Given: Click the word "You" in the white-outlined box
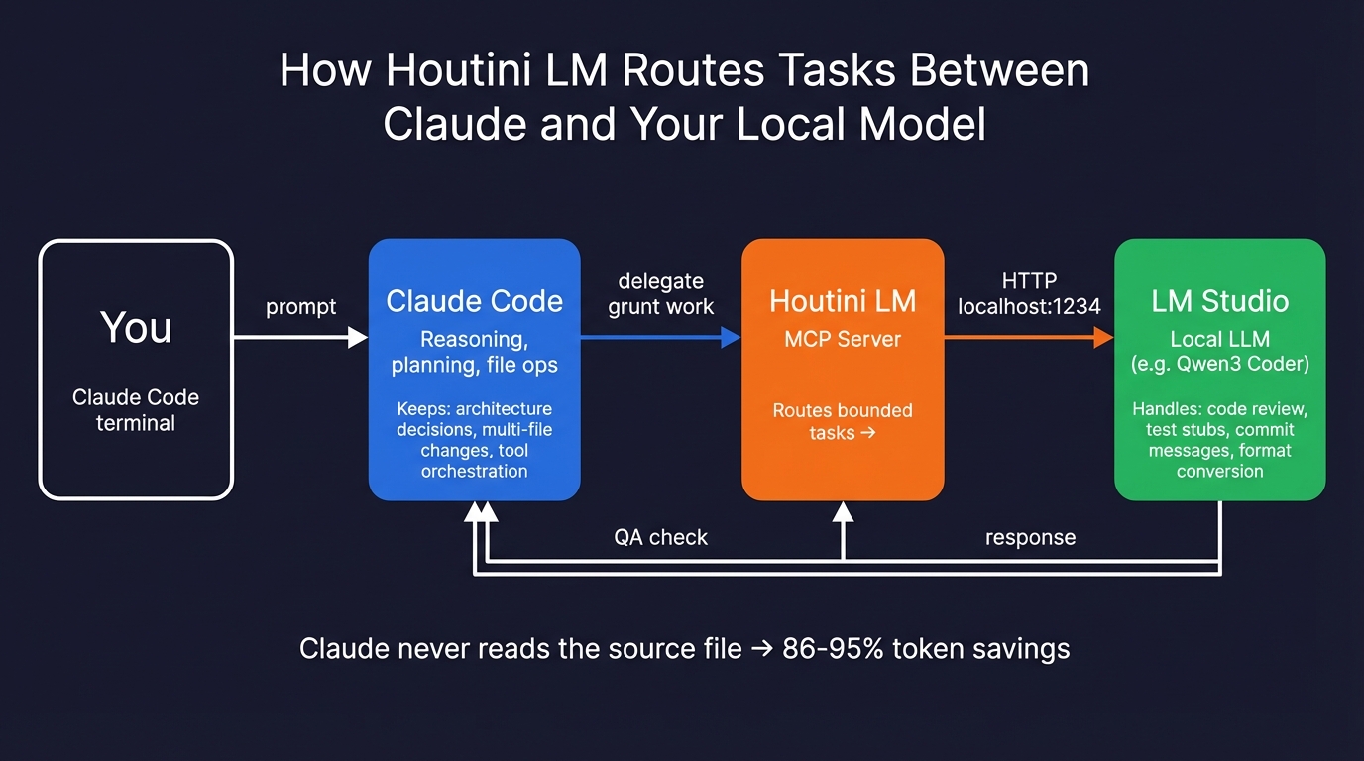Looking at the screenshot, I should [136, 328].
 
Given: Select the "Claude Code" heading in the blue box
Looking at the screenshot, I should [474, 301].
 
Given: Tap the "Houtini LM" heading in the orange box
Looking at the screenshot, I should [843, 301].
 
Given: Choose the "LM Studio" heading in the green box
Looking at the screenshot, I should [1219, 301].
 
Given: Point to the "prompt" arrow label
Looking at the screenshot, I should [300, 307].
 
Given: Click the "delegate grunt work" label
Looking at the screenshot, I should [660, 294].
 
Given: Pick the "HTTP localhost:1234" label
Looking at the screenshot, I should [1029, 294].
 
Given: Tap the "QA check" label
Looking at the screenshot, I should [660, 537].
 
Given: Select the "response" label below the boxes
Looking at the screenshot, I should [1030, 537].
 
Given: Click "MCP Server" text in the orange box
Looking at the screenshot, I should [843, 339].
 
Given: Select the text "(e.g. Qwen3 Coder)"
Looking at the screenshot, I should [1219, 364].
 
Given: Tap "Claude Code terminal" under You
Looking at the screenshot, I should [136, 410].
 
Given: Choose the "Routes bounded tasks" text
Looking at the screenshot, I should [843, 421].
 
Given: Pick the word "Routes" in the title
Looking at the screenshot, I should [691, 71].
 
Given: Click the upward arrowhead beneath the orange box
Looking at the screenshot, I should [843, 512].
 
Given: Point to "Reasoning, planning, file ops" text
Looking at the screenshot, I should [474, 352].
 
